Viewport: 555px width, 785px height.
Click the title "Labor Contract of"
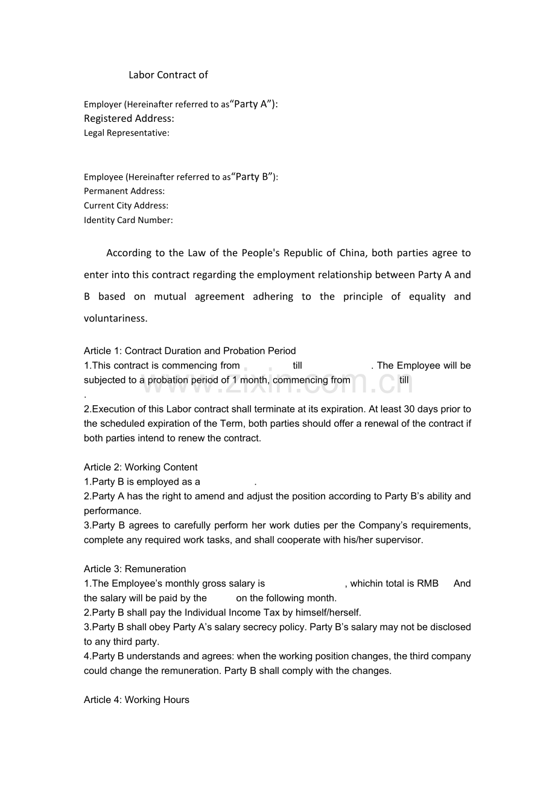(x=168, y=75)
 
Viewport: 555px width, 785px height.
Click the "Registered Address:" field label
(x=128, y=118)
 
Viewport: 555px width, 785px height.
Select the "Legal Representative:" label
(x=127, y=133)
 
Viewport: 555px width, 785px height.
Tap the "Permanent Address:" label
(x=124, y=191)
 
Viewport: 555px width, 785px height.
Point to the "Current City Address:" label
(x=126, y=206)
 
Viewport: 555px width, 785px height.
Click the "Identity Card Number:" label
(x=128, y=220)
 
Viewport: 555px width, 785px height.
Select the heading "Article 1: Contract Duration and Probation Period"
(x=189, y=351)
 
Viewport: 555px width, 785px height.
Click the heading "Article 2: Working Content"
(x=141, y=467)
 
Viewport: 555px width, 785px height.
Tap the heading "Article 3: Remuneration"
(x=135, y=569)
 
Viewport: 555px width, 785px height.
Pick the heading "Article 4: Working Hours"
(x=136, y=700)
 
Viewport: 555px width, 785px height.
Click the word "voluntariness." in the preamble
(x=115, y=318)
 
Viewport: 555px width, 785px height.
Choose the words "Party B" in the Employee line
(x=251, y=177)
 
